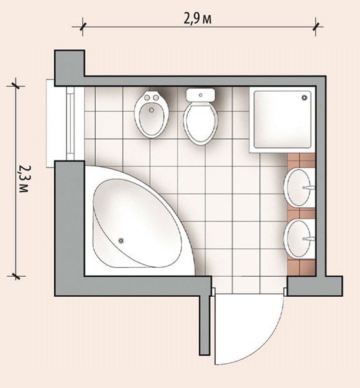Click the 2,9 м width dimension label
(198, 19)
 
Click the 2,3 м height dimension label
(24, 178)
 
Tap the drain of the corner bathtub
(121, 241)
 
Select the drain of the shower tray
(304, 97)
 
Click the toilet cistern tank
(200, 95)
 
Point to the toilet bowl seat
(200, 124)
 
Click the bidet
(151, 114)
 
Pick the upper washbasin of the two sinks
(299, 188)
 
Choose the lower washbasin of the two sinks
(299, 239)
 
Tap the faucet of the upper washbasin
(308, 188)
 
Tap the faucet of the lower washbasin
(308, 239)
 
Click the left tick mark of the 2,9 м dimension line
(83, 27)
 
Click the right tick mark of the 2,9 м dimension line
(316, 27)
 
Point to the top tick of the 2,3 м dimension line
(16, 86)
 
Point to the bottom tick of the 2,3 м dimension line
(16, 276)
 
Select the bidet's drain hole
(151, 110)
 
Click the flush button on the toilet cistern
(200, 95)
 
